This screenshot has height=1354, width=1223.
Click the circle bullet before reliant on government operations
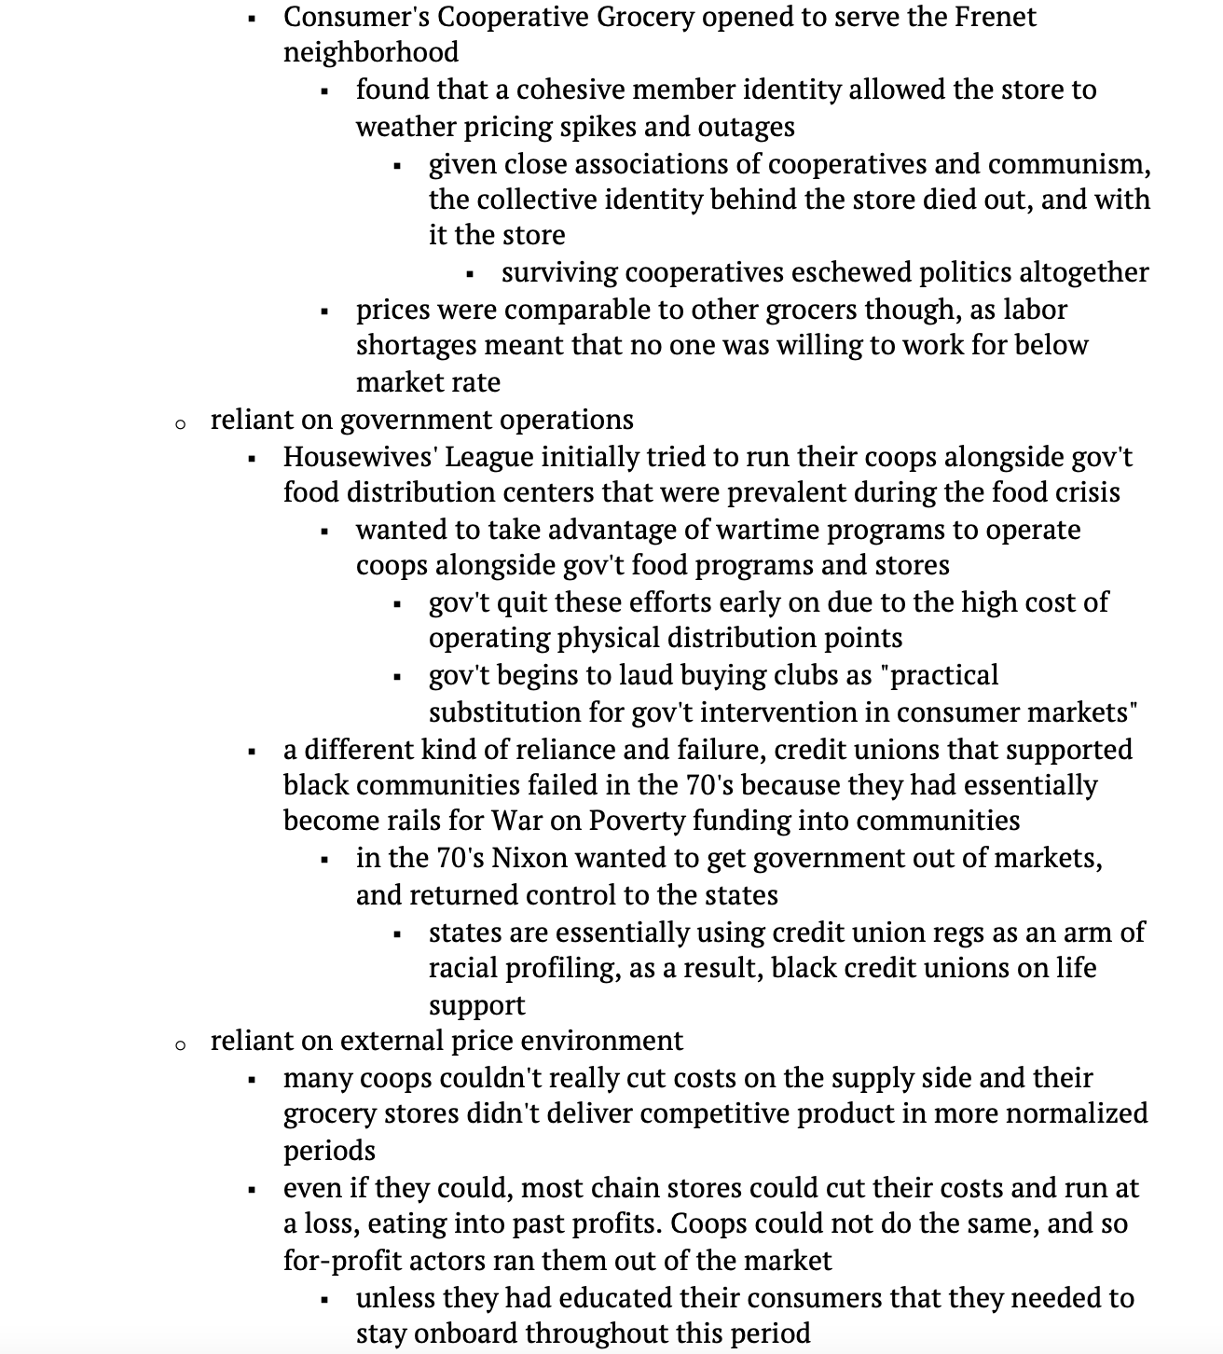(x=180, y=424)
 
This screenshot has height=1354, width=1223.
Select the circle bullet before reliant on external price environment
(x=180, y=1045)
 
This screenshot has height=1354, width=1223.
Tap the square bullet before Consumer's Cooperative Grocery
(x=252, y=19)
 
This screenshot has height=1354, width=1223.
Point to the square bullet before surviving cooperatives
(x=471, y=274)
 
